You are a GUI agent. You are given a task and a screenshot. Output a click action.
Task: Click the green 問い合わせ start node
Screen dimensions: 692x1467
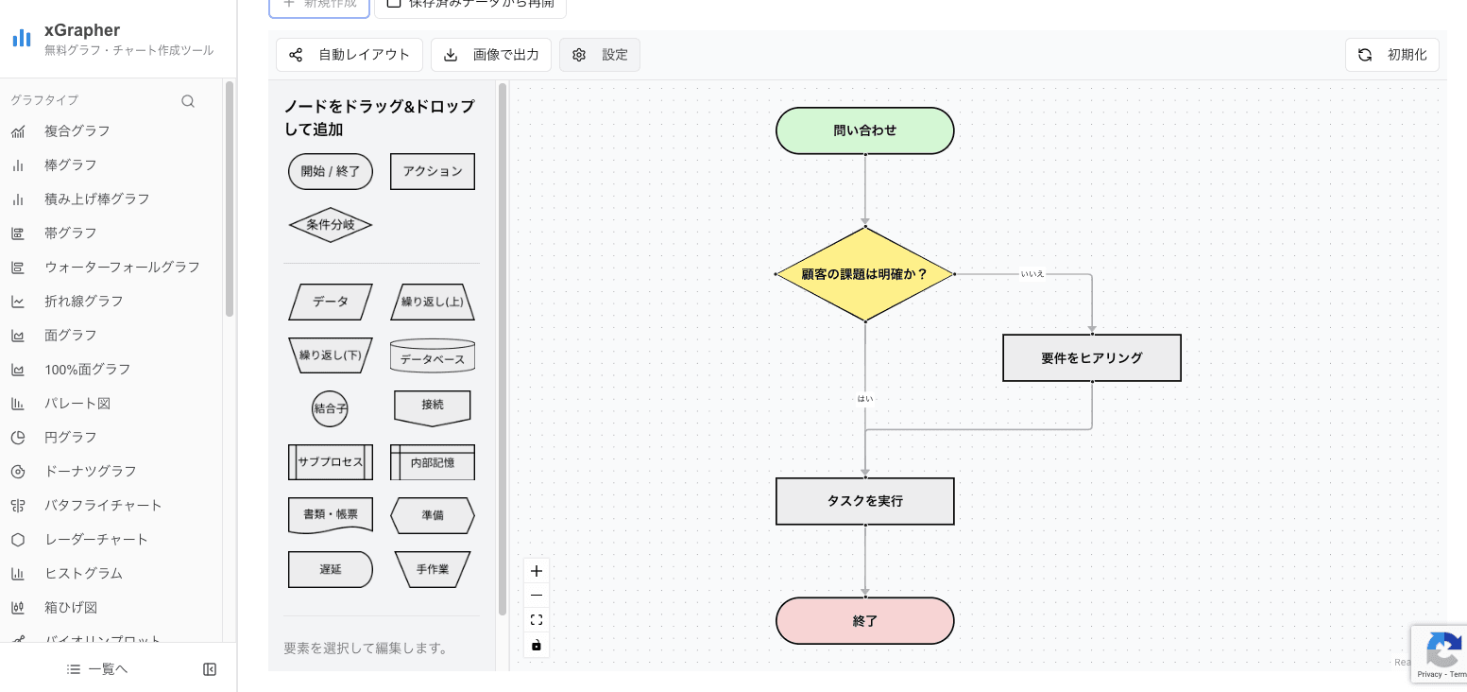864,130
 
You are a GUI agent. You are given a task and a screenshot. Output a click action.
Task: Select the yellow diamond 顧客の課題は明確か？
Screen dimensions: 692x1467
864,274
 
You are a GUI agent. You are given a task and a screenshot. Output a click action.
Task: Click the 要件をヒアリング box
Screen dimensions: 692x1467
1091,358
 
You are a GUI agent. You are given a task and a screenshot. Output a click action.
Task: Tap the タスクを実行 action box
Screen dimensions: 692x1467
864,501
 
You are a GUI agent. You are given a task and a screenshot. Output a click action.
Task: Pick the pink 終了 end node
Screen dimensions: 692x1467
864,621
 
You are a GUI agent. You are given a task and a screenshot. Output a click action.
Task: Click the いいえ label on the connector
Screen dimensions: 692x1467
1032,274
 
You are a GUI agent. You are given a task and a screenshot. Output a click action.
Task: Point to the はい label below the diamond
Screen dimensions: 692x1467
865,399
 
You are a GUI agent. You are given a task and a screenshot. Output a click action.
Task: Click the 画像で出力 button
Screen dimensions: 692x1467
491,55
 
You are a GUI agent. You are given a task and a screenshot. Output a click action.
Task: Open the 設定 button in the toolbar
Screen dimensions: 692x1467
600,55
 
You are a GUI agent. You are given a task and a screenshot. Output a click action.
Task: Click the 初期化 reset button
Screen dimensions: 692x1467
1391,55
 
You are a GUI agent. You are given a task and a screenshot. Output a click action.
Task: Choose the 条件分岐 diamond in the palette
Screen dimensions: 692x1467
330,225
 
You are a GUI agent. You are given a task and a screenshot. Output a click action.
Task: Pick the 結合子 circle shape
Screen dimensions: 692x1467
330,409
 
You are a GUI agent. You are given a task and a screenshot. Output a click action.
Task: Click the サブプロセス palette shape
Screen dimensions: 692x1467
330,462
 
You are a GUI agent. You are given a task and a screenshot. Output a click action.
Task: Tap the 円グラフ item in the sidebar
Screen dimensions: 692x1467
71,437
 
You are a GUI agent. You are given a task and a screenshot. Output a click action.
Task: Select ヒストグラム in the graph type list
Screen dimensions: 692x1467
83,573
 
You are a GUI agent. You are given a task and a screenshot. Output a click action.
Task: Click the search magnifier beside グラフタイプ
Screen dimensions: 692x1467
188,101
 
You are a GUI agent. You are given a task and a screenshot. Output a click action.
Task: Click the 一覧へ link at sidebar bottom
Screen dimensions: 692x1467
98,669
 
